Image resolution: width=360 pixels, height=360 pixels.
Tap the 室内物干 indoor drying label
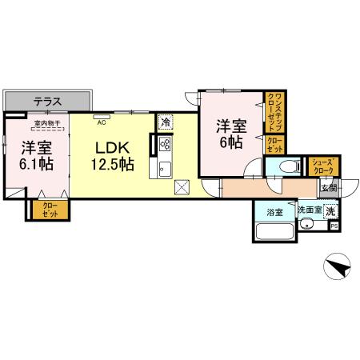pyautogui.click(x=48, y=122)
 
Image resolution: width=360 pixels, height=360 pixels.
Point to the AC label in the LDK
pyautogui.click(x=102, y=123)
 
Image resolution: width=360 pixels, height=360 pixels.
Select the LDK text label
pyautogui.click(x=112, y=147)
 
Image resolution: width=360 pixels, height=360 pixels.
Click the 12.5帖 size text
pyautogui.click(x=112, y=164)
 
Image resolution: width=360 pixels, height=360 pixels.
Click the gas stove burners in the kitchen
pyautogui.click(x=166, y=145)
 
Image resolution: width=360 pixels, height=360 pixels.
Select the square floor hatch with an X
pyautogui.click(x=182, y=189)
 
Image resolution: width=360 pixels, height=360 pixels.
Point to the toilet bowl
pyautogui.click(x=288, y=167)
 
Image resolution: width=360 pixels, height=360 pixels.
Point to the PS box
pyautogui.click(x=334, y=226)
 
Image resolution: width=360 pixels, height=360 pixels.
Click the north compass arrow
pyautogui.click(x=341, y=268)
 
